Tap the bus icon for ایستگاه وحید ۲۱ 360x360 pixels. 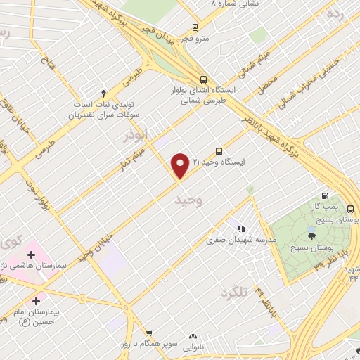[x=219, y=150]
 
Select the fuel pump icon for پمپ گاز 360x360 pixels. [x=325, y=195]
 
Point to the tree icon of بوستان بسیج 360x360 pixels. [x=311, y=236]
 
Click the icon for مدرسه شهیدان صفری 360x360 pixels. [x=241, y=228]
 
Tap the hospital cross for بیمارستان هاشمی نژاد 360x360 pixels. [x=31, y=254]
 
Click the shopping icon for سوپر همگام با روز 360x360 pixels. [x=148, y=333]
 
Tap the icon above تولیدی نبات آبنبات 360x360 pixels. [x=104, y=91]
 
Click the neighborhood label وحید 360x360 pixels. [x=188, y=201]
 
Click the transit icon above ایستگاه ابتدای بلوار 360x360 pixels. [x=203, y=79]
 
